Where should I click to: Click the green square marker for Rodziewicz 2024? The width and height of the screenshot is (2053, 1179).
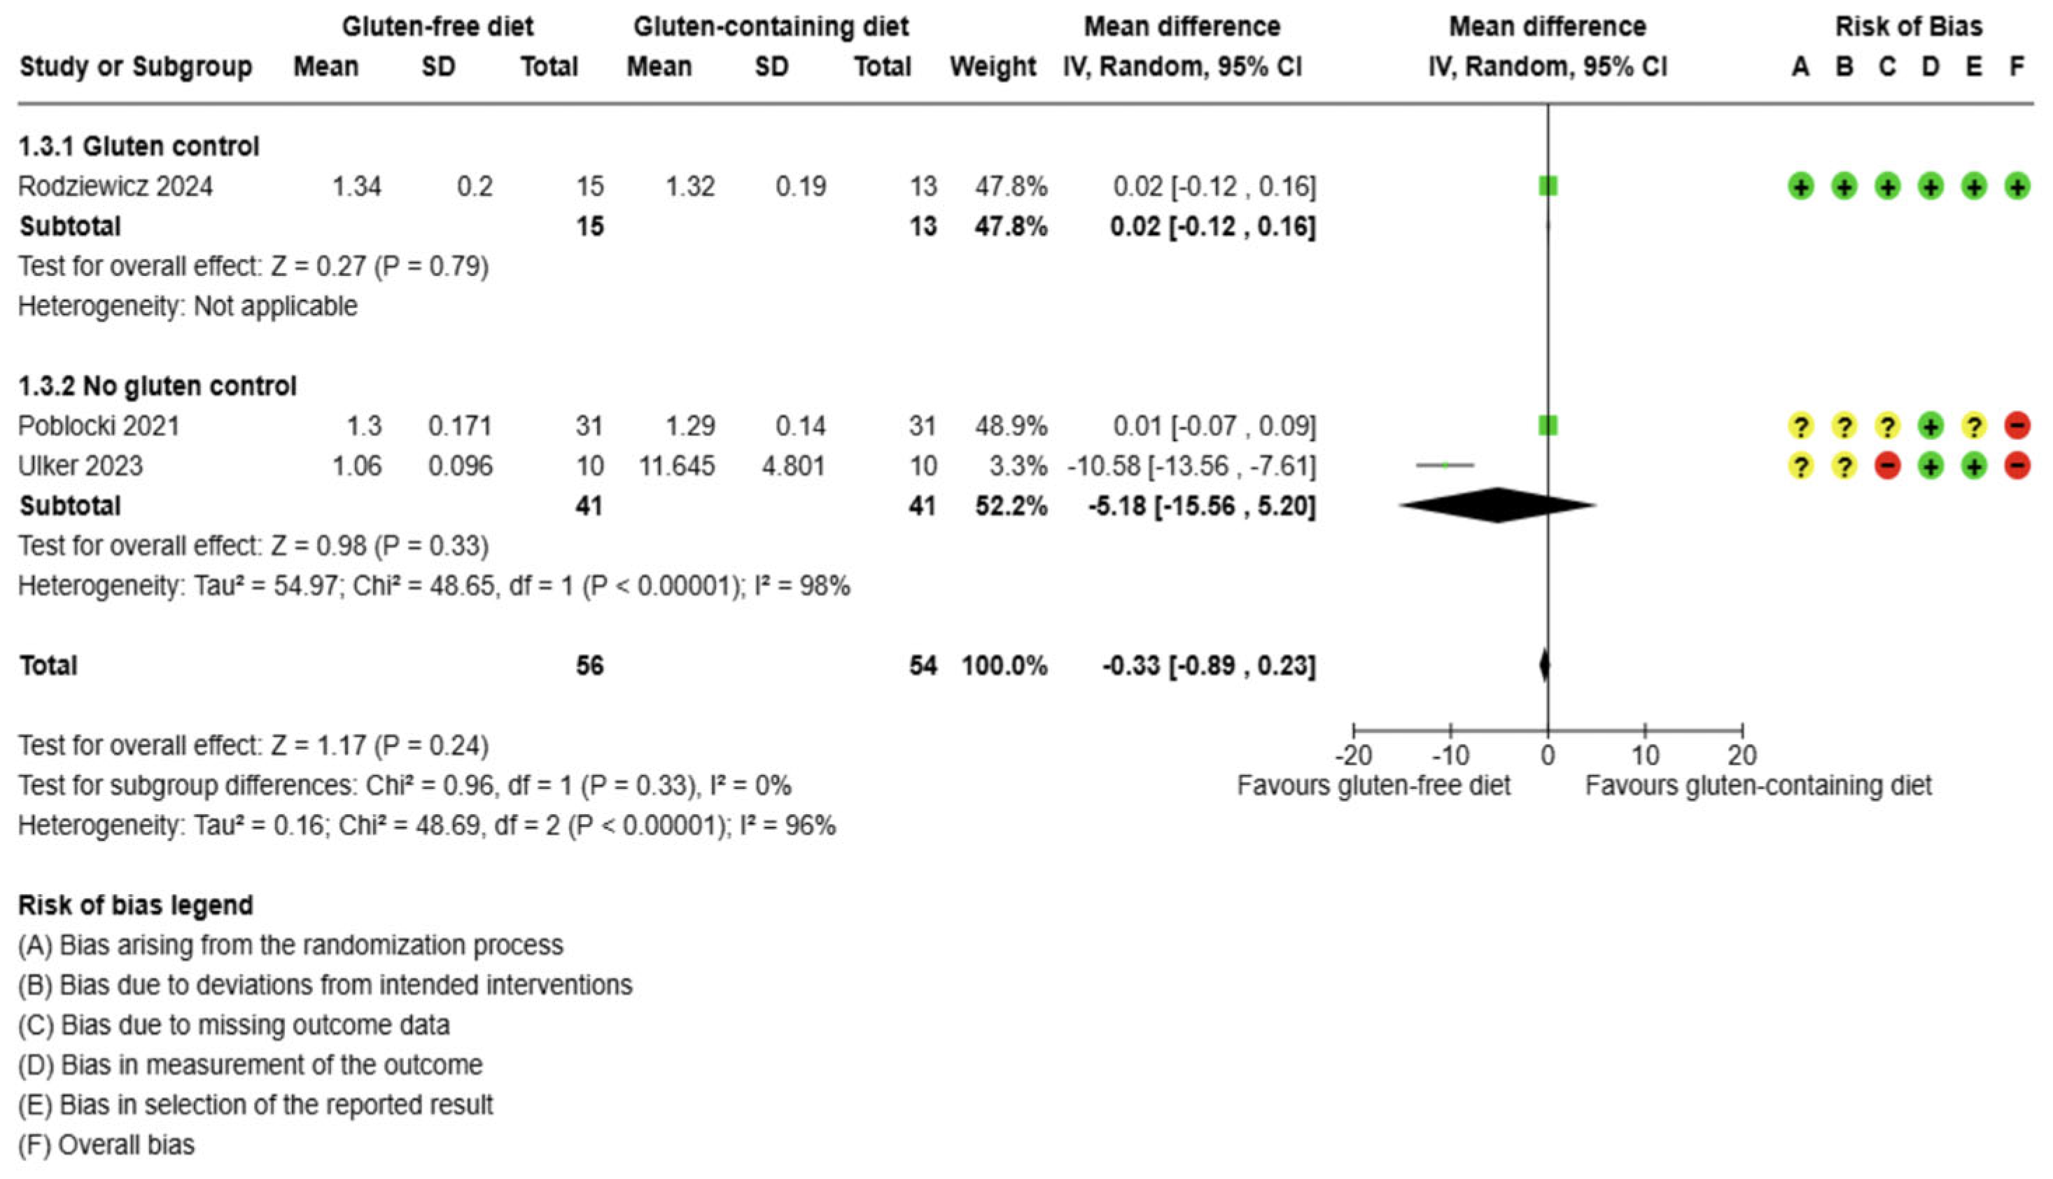(1547, 186)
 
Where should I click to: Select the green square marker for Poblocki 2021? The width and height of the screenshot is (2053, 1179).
(1547, 425)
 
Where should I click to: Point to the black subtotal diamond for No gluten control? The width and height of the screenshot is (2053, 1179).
(1498, 505)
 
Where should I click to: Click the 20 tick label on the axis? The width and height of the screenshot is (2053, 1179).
(1742, 755)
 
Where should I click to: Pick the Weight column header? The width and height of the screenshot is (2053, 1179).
(993, 67)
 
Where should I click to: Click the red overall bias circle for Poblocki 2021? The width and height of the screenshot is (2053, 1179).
(2017, 425)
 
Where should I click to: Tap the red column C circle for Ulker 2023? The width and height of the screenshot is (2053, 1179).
(1887, 466)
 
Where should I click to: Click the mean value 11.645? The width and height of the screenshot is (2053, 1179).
(676, 466)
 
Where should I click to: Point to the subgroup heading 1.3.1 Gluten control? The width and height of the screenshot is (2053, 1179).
(139, 146)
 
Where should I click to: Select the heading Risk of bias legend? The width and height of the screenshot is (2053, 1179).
(135, 905)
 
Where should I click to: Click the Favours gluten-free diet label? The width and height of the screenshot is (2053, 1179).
(1373, 786)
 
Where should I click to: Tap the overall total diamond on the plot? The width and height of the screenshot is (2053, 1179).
(1545, 665)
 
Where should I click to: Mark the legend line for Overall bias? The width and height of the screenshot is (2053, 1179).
(106, 1144)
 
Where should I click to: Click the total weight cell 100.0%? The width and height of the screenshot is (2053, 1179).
(1004, 666)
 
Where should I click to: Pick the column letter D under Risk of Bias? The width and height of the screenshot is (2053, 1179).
(1930, 67)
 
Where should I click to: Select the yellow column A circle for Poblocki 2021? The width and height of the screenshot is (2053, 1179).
(1800, 425)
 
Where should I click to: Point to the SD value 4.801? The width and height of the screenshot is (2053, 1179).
(792, 466)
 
